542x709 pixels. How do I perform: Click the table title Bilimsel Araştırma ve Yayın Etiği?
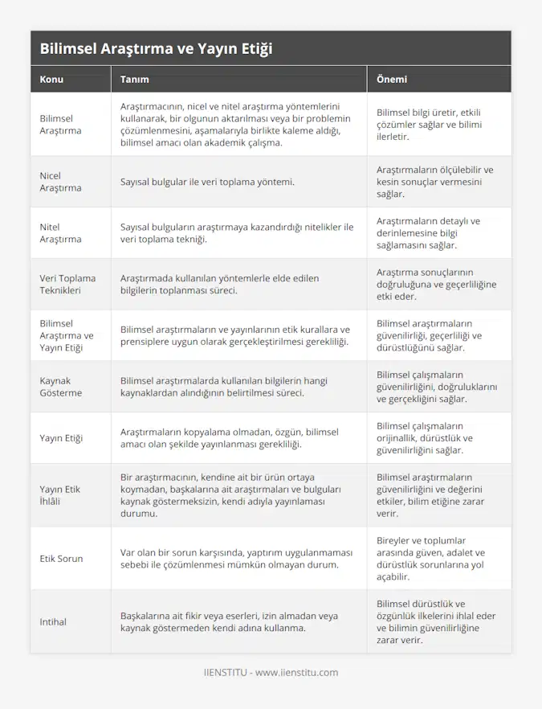[156, 48]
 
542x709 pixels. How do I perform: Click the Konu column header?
[51, 80]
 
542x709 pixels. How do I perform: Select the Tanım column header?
[134, 80]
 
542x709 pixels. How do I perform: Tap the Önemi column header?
[392, 80]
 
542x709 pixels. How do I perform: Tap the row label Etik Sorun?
[61, 558]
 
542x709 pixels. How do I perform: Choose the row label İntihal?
[53, 621]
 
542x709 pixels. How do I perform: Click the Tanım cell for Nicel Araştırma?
[207, 182]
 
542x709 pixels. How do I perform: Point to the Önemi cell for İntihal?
[438, 621]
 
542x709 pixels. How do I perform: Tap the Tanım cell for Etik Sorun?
[229, 558]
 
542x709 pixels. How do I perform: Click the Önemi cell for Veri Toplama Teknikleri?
[436, 285]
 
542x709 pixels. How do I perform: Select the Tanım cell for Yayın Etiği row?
[229, 438]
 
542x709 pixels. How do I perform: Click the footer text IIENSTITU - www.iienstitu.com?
[271, 672]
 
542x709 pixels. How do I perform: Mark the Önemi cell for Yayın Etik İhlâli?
[433, 495]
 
